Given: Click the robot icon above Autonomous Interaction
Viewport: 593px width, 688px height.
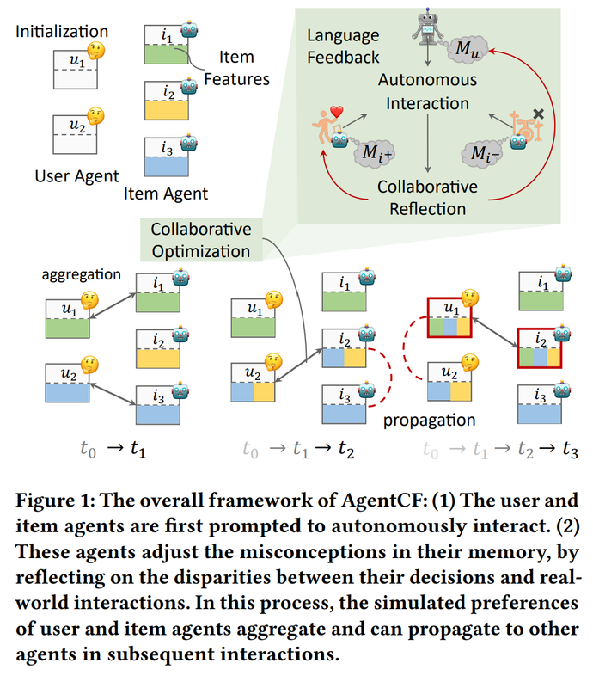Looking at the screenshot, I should pyautogui.click(x=426, y=28).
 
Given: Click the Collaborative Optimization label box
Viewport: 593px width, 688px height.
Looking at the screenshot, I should pyautogui.click(x=201, y=241).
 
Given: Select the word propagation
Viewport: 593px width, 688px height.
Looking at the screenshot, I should pyautogui.click(x=430, y=420).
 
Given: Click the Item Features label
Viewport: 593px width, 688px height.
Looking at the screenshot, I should pyautogui.click(x=236, y=68).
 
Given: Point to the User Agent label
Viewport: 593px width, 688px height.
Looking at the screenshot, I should pyautogui.click(x=77, y=176).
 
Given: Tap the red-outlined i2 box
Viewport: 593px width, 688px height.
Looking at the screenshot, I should pyautogui.click(x=538, y=348).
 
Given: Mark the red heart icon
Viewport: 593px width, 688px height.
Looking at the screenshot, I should pyautogui.click(x=337, y=114).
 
